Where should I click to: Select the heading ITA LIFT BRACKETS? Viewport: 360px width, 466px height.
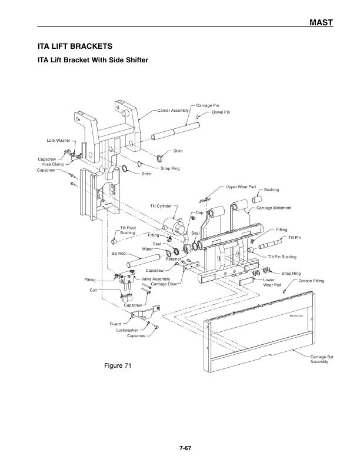[75, 45]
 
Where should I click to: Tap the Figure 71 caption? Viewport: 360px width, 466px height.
[117, 366]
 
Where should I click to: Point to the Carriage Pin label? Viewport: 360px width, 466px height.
[207, 105]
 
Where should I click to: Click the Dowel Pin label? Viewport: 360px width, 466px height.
[221, 112]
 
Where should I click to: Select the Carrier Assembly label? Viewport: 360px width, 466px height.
[173, 110]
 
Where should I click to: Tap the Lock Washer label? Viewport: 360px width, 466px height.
[58, 141]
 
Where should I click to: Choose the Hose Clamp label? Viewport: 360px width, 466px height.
[52, 164]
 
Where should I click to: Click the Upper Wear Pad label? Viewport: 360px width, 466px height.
[241, 187]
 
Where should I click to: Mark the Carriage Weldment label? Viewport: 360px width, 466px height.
[274, 208]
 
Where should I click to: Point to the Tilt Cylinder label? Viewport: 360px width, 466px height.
[161, 206]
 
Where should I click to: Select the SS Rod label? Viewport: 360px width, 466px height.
[119, 253]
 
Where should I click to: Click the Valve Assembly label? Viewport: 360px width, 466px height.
[156, 278]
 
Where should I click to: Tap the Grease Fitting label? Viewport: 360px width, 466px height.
[311, 281]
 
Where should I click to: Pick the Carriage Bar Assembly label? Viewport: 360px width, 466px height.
[322, 359]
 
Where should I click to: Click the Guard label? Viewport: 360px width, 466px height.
[115, 324]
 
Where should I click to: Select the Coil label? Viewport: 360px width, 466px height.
[93, 290]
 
